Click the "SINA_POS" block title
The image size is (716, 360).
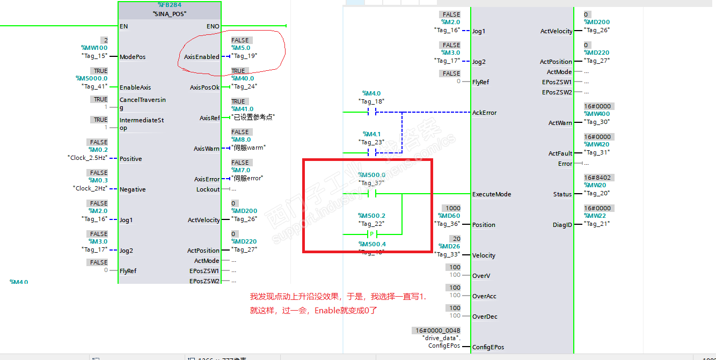tap(169, 14)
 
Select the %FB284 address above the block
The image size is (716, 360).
tap(169, 5)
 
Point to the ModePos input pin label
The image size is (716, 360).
tap(133, 57)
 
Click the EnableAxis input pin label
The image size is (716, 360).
tap(135, 87)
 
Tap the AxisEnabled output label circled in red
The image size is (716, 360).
tap(202, 57)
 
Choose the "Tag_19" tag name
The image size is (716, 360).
tap(244, 56)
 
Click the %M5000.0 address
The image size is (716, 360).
tap(92, 78)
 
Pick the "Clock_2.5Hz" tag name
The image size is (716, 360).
tap(87, 158)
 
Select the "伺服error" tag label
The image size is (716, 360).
tap(247, 178)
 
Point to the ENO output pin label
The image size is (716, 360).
tap(213, 26)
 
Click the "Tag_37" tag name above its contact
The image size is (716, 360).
tap(371, 183)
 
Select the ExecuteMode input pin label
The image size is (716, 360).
tap(492, 194)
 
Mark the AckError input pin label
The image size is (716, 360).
tap(484, 113)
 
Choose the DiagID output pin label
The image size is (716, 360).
tap(562, 225)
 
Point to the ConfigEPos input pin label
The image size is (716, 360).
tap(488, 347)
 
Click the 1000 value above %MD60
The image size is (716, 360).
tap(452, 208)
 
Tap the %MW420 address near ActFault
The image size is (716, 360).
tap(597, 144)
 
